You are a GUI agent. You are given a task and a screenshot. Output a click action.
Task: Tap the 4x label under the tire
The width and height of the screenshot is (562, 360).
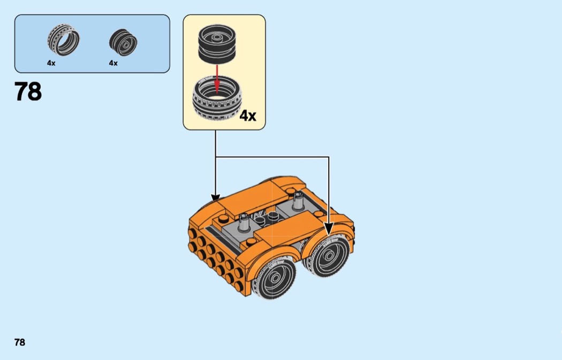click(51, 63)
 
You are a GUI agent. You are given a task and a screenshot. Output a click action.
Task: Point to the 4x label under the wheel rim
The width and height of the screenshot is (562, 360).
click(113, 63)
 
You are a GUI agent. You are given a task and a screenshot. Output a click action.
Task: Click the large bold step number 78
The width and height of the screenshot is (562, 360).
click(28, 92)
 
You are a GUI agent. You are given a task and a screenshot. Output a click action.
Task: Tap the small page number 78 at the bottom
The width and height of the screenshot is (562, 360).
click(20, 342)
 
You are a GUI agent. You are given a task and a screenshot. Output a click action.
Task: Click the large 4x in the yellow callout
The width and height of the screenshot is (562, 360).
click(248, 115)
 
